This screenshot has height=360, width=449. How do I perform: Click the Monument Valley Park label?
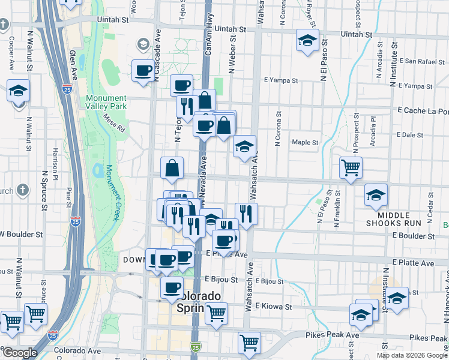(x=106, y=103)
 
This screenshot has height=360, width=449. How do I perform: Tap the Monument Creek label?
(x=110, y=193)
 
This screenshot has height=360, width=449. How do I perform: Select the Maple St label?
(x=305, y=142)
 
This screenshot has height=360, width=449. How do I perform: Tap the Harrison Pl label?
(x=55, y=164)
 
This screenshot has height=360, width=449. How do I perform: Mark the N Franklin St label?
(x=337, y=207)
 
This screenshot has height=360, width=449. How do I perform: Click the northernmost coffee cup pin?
(x=143, y=70)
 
